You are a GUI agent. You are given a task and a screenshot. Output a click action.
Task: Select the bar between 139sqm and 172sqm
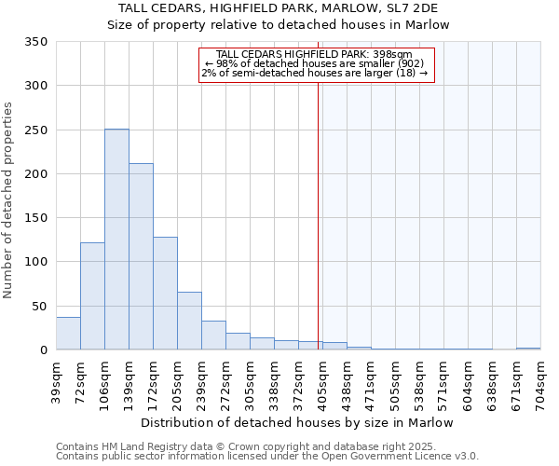(141, 256)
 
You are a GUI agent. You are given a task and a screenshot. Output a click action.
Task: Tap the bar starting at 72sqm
(92, 296)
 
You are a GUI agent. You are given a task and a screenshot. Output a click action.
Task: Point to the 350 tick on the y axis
(35, 42)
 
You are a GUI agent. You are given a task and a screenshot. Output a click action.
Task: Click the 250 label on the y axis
(35, 130)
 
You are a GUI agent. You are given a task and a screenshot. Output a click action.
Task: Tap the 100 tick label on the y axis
(35, 263)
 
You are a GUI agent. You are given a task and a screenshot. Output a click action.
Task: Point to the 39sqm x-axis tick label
(56, 382)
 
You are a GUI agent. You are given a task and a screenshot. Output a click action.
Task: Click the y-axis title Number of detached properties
(9, 200)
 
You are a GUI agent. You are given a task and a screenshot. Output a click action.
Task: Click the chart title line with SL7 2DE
(279, 8)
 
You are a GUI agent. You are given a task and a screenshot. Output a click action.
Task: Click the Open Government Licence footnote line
(267, 457)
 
